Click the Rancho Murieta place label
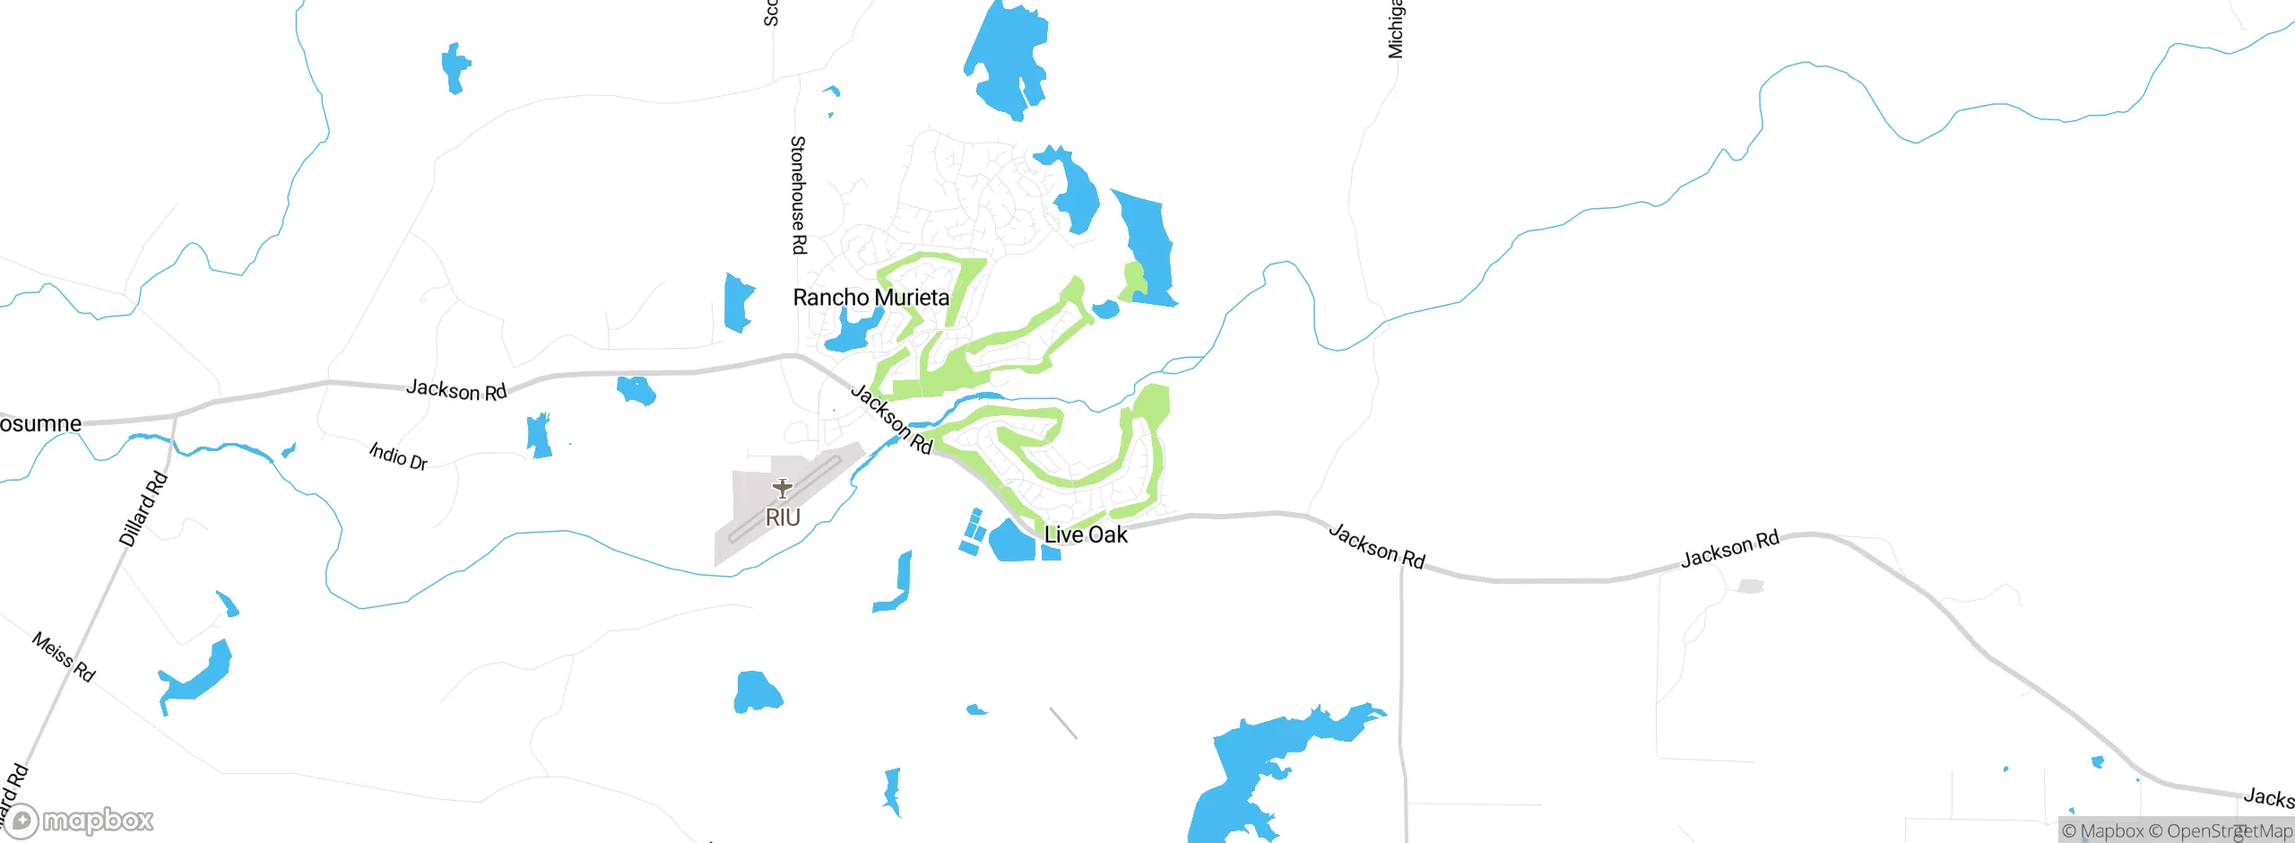[x=870, y=297]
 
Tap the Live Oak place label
[x=1086, y=534]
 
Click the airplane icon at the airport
[x=783, y=488]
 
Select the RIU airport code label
[x=783, y=517]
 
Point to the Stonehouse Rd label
[x=798, y=195]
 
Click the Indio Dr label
[x=398, y=456]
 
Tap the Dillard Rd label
[x=143, y=508]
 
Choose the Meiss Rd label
[x=63, y=656]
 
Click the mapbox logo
[x=79, y=820]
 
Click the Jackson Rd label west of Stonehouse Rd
[x=456, y=390]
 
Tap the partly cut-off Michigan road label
[x=1396, y=30]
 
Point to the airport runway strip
[x=785, y=499]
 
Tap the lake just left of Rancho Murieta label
[x=739, y=302]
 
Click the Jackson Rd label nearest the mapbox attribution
[x=2268, y=797]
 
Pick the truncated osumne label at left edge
[x=40, y=423]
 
